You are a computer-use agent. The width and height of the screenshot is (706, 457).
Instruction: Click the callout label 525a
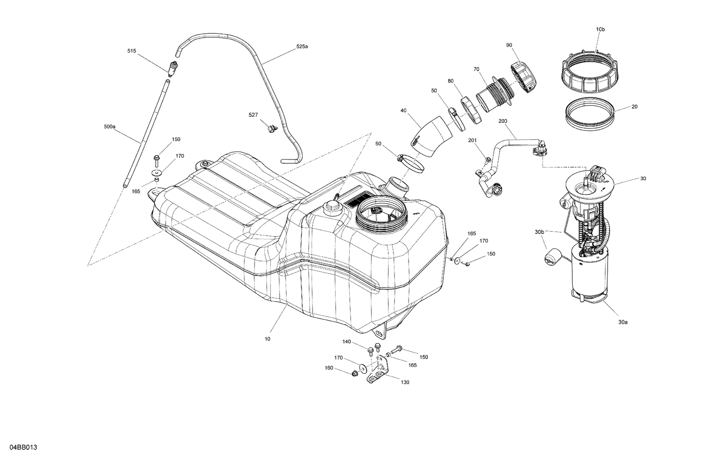coord(302,46)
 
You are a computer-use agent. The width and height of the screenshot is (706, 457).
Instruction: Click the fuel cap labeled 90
coord(523,77)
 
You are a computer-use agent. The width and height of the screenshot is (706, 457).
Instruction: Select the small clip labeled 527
coord(272,127)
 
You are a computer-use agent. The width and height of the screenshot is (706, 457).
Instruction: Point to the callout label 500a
coord(109,126)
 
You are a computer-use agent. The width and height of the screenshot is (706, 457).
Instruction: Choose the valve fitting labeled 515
coord(173,69)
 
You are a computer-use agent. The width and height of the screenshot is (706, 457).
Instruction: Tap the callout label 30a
coord(623,322)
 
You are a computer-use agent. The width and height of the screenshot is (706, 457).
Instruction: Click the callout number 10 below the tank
coord(267,338)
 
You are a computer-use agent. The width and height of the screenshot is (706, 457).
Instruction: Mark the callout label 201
coord(473,140)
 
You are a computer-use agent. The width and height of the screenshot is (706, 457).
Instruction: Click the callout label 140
coord(346,342)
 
